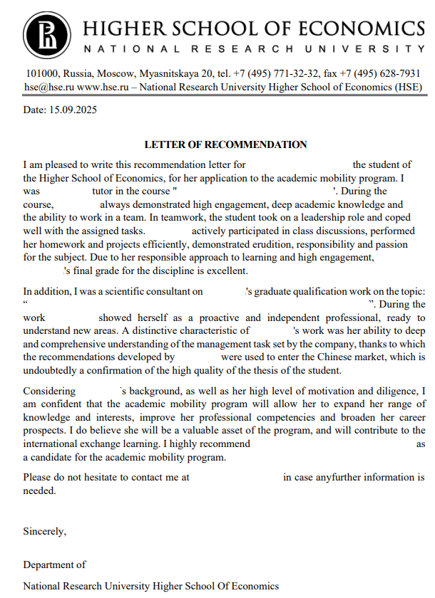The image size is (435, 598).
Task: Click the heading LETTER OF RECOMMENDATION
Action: click(x=225, y=145)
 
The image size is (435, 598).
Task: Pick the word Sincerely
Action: click(x=44, y=531)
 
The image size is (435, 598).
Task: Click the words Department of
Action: click(x=54, y=565)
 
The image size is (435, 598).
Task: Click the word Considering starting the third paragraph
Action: click(x=49, y=391)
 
